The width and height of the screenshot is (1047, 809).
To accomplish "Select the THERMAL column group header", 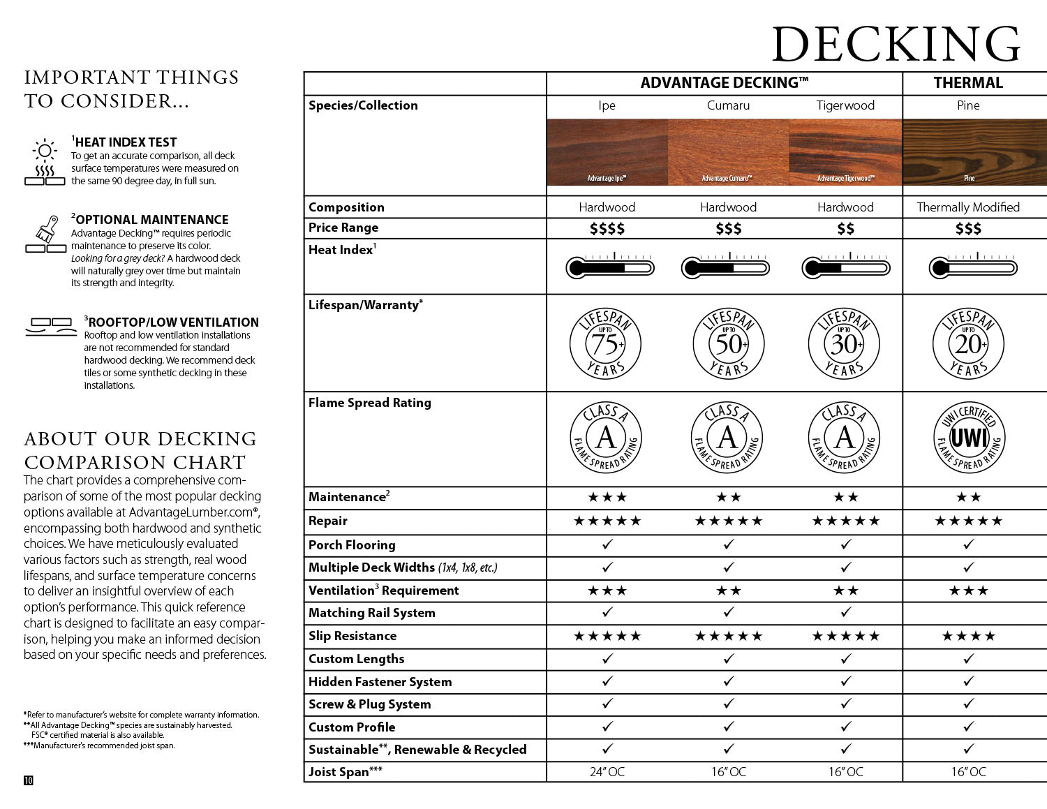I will pos(968,83).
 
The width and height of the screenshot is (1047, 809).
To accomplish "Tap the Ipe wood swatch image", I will pos(607,152).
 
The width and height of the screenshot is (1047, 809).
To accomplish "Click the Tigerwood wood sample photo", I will pos(845,152).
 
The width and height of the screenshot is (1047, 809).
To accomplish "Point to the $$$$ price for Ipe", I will pos(607,229).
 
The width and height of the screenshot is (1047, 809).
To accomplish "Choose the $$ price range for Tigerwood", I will pos(845,229).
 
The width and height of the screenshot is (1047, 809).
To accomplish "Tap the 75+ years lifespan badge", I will pos(606,343).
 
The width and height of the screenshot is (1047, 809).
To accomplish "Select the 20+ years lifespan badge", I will pos(968,343).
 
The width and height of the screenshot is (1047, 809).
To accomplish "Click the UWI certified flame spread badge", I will pos(968,438).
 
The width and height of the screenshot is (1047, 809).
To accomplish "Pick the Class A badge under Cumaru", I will pos(727,438).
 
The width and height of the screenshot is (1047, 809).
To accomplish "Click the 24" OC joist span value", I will pos(607,772).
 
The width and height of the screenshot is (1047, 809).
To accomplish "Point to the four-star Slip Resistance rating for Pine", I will pos(968,636).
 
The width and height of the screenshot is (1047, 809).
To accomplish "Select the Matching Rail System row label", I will pos(371,613).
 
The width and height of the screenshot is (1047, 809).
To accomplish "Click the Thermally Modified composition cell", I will pos(968,207).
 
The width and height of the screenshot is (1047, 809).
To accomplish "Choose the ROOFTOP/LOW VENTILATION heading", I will pos(173,322).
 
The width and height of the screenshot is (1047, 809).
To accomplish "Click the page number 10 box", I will pos(29,780).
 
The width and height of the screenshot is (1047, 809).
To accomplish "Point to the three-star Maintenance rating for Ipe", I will pos(607,497).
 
